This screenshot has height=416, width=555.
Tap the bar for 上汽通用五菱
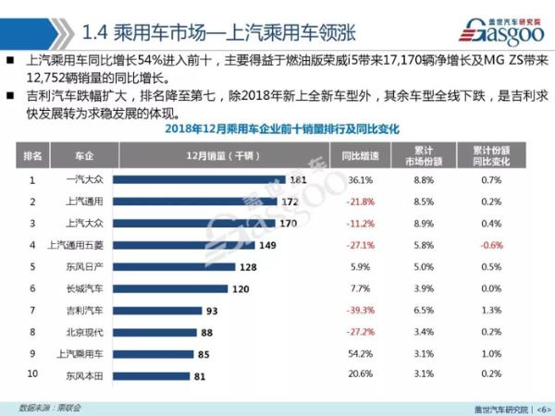pyautogui.click(x=189, y=245)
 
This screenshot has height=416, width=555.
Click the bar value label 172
pyautogui.click(x=290, y=202)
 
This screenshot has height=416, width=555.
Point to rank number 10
pyautogui.click(x=32, y=374)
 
